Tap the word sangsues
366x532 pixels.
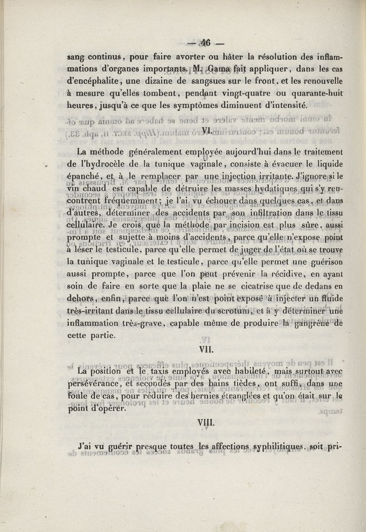pyautogui.click(x=204, y=81)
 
